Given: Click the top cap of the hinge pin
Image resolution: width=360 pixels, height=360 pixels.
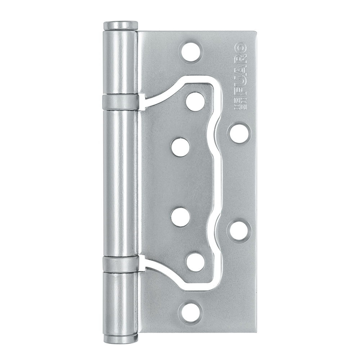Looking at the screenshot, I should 121,26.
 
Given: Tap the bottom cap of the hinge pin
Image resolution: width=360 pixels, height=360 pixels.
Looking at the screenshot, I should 121,338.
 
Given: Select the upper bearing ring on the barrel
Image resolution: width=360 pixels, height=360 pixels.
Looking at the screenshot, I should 121,102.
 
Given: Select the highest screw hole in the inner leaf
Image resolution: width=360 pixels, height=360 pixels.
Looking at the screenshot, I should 195,102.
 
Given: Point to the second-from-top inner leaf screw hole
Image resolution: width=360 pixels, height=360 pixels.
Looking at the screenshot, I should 180,148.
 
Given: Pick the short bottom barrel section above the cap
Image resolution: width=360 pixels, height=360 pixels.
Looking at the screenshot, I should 121,302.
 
